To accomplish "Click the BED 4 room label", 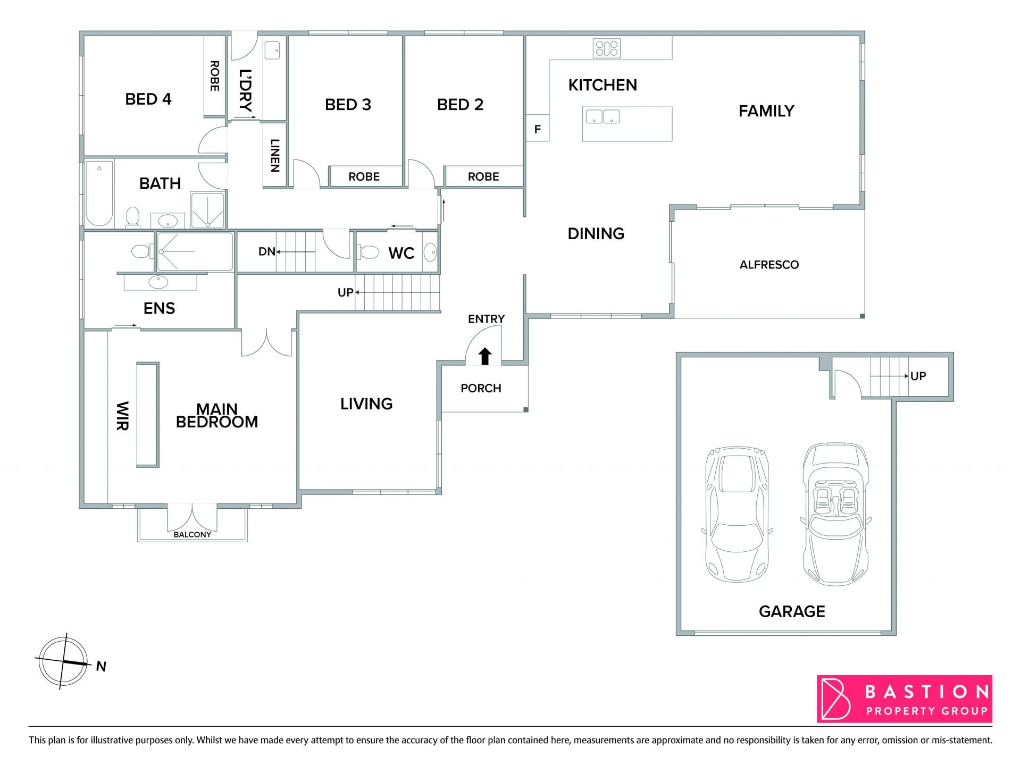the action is point(148,99).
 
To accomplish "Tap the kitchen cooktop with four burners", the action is point(607,48).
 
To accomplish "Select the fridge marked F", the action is point(538,128).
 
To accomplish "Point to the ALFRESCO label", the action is point(769,265).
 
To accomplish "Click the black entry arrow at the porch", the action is point(485,356).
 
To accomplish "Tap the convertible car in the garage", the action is point(835,514).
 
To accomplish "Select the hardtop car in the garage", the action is point(737,514).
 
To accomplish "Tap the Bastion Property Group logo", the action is point(905,699).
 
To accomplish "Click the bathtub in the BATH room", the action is point(99,194).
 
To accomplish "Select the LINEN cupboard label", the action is point(275,155).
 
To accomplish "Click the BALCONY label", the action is point(193,534).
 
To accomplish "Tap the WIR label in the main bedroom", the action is point(122,416).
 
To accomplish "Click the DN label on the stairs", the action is point(267,251).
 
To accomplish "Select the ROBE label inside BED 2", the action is point(483,176).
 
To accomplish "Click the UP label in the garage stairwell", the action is point(918,376).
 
